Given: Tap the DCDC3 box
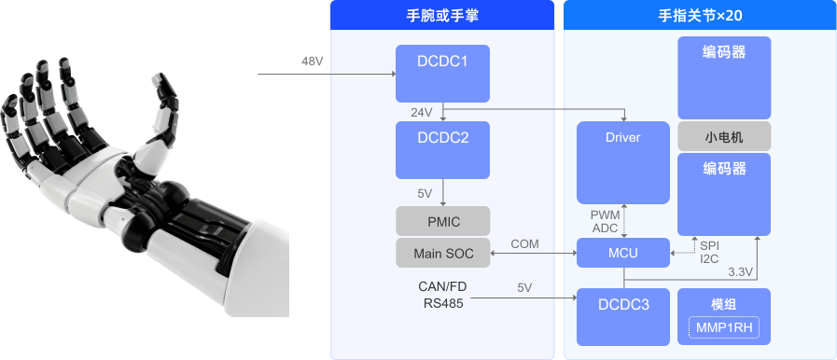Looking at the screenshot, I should point(622,316).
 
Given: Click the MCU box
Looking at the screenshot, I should point(622,252).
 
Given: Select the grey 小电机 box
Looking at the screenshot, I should point(724,136).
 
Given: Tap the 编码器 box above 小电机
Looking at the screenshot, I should point(724,77).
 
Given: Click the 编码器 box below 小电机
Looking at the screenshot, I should point(724,194).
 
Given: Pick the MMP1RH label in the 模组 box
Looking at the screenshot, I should point(724,327).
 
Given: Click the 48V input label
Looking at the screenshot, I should point(313,62).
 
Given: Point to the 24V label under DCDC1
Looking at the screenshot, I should point(421,113).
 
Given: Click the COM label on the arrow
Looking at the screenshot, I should point(524,243).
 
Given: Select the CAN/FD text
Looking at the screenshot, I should point(441,285).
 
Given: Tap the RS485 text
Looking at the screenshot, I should point(441,302).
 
